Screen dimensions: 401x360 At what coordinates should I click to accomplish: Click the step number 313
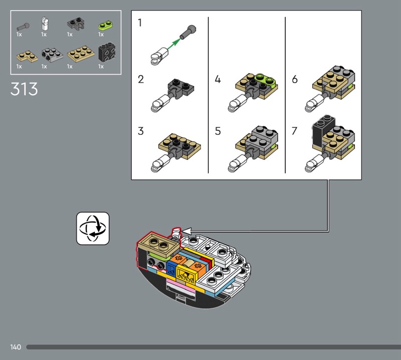tap(24, 89)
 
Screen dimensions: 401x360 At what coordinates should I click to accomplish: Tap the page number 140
tap(16, 347)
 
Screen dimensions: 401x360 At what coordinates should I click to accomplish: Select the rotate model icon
tap(93, 228)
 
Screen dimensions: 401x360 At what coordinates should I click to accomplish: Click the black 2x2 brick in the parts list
tap(107, 52)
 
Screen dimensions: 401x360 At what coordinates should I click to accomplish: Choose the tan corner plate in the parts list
tap(27, 56)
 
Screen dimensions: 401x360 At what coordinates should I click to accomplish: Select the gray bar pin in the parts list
tap(23, 27)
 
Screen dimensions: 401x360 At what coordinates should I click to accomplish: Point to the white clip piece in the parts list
tap(45, 24)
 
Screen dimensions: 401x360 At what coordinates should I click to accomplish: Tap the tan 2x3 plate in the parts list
tap(81, 54)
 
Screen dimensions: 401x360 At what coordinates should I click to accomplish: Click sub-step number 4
tap(218, 79)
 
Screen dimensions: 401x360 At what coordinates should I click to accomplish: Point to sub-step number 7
tap(295, 131)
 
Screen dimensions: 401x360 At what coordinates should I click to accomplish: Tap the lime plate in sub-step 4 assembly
tap(266, 80)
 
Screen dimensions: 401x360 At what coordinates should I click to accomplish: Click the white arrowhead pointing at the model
tap(186, 231)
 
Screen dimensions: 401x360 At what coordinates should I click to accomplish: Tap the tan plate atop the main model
tap(158, 244)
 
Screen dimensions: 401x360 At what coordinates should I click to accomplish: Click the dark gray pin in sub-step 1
tap(188, 32)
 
